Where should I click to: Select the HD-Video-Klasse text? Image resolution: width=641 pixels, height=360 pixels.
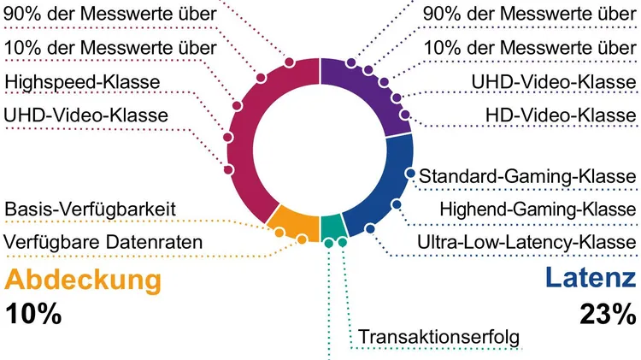[560, 114]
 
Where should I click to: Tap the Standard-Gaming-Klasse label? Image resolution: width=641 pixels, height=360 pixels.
[527, 176]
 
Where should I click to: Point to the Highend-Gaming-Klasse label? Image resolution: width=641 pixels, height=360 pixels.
[538, 210]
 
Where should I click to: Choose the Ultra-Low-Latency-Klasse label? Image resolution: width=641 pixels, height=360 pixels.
[526, 242]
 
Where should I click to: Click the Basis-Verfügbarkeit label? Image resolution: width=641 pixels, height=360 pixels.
[91, 210]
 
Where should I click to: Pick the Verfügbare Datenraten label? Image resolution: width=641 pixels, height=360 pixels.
[103, 242]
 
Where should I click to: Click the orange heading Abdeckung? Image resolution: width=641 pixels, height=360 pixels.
[83, 280]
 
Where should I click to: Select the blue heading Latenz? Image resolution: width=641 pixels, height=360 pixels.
[590, 280]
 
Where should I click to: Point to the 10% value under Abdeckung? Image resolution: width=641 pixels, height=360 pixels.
[34, 314]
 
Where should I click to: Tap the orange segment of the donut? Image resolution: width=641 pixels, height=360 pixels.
[294, 223]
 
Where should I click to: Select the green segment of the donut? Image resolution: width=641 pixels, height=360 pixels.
[332, 227]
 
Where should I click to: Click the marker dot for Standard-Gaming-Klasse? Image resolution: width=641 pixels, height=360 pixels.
[410, 174]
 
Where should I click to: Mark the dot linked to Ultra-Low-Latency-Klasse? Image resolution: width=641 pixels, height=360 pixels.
[369, 228]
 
